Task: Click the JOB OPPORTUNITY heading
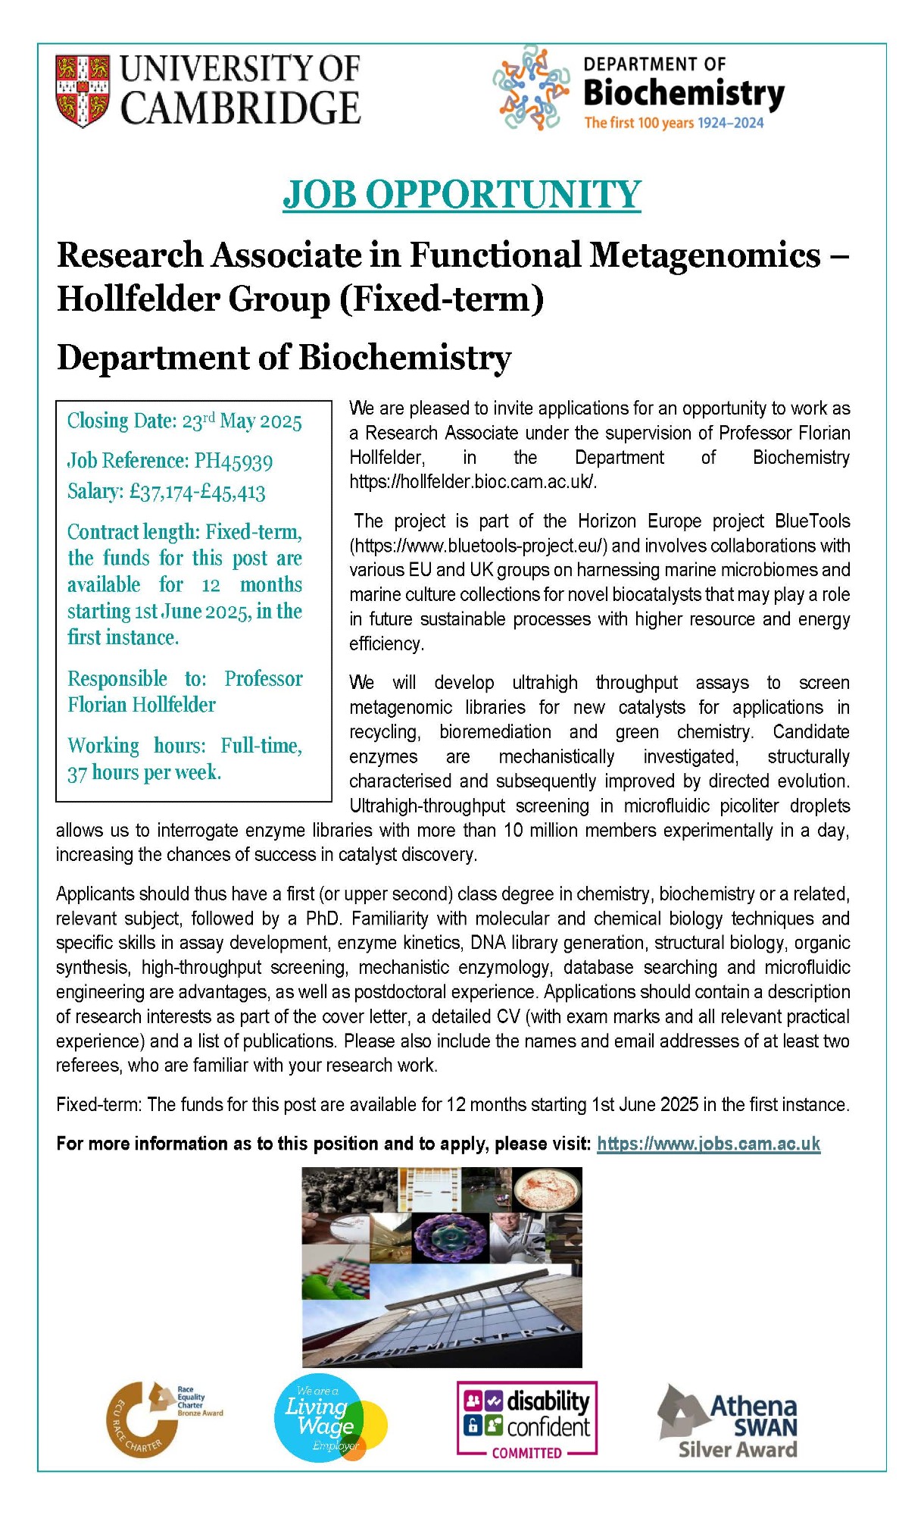coord(461,195)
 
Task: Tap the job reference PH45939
coord(233,462)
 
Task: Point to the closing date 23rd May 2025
coord(242,421)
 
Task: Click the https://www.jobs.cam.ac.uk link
coord(708,1144)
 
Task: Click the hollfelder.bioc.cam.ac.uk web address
coord(472,482)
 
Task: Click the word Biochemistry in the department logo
coord(683,94)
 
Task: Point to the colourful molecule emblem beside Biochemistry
coord(531,88)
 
